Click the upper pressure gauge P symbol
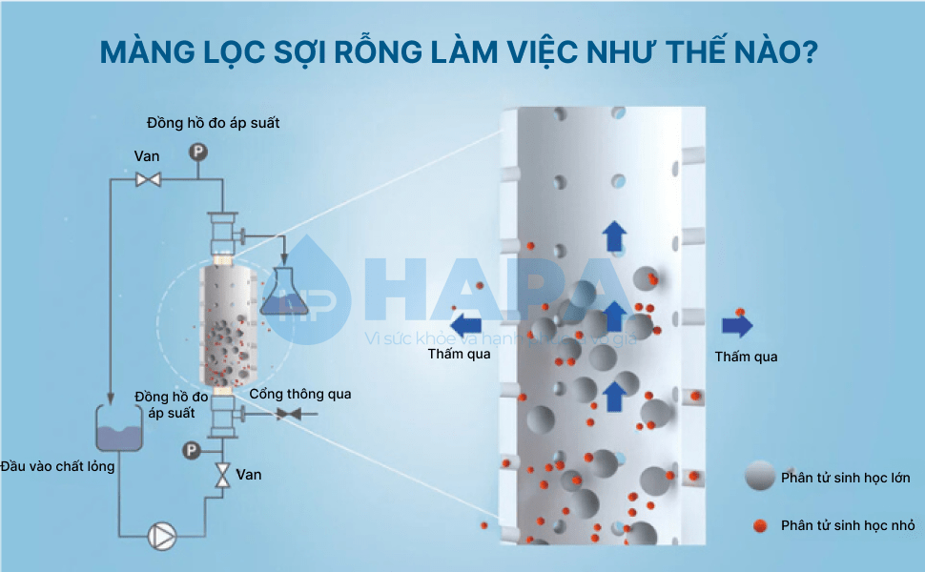tap(198, 151)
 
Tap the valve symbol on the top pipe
tap(147, 178)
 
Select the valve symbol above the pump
tap(222, 475)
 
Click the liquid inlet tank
tap(119, 426)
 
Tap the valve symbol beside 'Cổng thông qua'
tap(287, 413)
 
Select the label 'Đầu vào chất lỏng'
tap(58, 466)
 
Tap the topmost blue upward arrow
tap(615, 235)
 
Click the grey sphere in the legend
tap(760, 477)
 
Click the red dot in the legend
tap(760, 524)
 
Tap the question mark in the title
tap(810, 52)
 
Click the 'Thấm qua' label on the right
tap(746, 357)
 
